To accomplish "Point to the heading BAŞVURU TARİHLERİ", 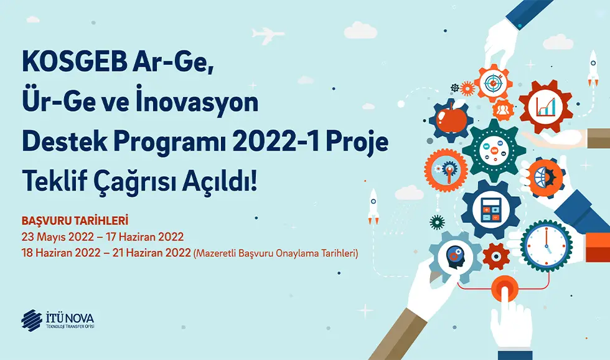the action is (75, 220).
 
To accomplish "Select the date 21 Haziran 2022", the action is (151, 253).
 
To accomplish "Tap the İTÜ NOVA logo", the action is (57, 320).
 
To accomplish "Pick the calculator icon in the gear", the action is (491, 210).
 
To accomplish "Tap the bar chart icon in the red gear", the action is (545, 107).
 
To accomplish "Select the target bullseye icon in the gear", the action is (493, 82).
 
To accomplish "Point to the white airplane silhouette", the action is (268, 35).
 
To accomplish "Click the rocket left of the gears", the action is (373, 206).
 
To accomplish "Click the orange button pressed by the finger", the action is (504, 289).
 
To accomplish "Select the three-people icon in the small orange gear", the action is (503, 110).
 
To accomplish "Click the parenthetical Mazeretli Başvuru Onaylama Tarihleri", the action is (276, 253).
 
